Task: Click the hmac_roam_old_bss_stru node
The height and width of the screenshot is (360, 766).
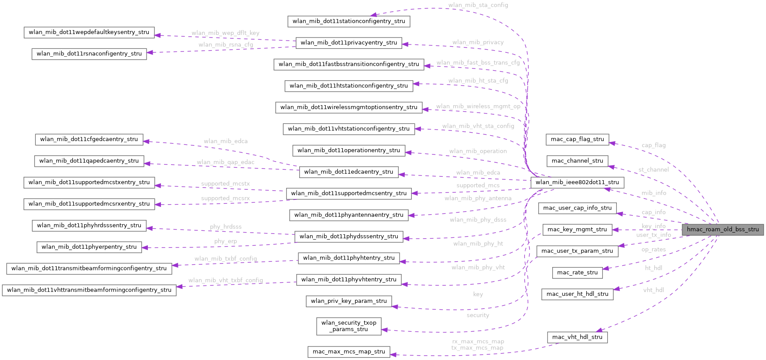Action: click(x=722, y=230)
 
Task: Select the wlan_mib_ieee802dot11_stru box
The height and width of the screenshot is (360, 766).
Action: click(x=577, y=182)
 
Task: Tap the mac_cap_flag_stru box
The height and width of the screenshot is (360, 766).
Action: click(x=577, y=140)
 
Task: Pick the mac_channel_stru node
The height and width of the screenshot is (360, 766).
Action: click(x=577, y=161)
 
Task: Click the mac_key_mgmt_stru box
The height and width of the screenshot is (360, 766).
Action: click(x=577, y=230)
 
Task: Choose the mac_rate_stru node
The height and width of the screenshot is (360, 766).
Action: click(x=577, y=273)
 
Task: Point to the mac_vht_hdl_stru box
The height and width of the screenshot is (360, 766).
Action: click(x=577, y=337)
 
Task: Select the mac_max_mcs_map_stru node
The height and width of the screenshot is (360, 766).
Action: click(x=349, y=352)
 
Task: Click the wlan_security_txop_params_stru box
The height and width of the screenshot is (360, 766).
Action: click(x=349, y=326)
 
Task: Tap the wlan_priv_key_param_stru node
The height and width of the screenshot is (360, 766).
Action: click(x=349, y=301)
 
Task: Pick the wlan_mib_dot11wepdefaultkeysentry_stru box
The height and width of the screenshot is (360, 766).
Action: click(x=89, y=32)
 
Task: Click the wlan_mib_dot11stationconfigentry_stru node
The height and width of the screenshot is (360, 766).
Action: click(x=349, y=21)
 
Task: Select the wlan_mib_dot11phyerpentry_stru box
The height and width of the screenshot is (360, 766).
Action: click(x=89, y=247)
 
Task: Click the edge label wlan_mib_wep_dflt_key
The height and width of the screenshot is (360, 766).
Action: click(x=225, y=33)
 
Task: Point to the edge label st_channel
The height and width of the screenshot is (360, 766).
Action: click(x=653, y=170)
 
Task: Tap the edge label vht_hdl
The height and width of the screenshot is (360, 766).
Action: click(x=653, y=290)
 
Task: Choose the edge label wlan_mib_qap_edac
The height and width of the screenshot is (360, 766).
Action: click(x=225, y=162)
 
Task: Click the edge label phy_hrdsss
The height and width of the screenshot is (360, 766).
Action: click(x=225, y=227)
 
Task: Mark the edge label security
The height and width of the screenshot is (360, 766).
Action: click(x=478, y=315)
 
